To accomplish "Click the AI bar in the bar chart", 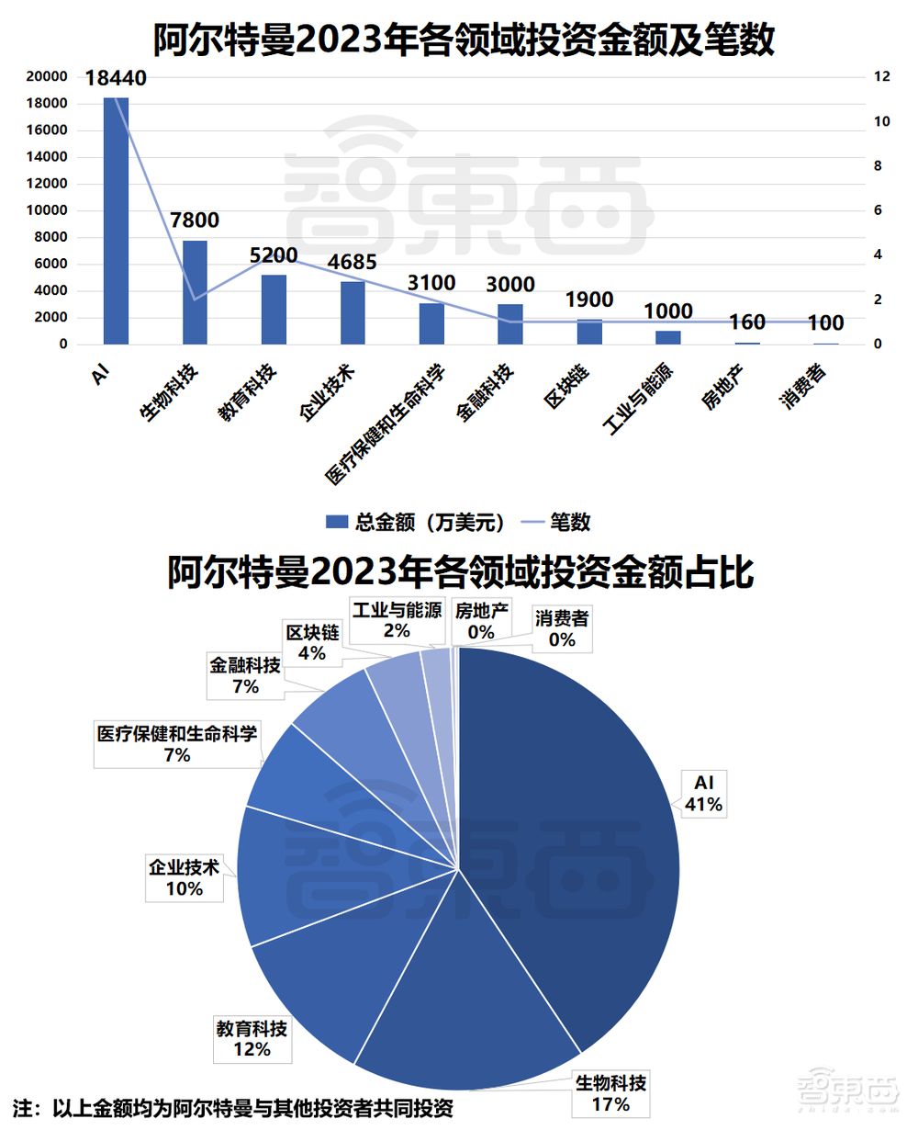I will point(116,220).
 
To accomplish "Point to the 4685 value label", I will point(353,262).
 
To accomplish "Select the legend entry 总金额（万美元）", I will point(418,523).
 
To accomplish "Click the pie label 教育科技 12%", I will point(252,1037).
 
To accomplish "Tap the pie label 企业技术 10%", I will point(184,876).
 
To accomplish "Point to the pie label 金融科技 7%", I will point(245,675).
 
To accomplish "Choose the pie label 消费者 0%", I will point(562,628).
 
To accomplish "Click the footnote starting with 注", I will point(233,1107).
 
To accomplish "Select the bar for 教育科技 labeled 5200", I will point(274,310).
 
